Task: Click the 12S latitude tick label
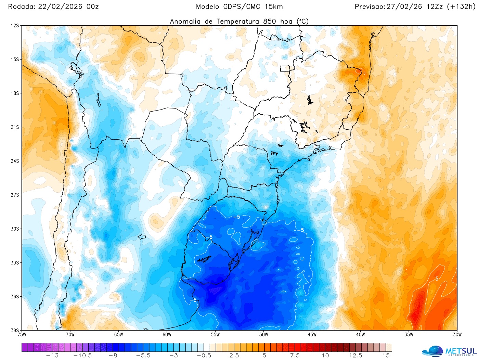coord(15,26)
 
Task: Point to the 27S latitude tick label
coord(15,195)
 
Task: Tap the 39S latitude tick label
coord(15,330)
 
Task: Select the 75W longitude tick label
coord(22,335)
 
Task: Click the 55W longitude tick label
coord(215,335)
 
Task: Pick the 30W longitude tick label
coord(457,335)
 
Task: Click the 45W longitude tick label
coord(312,335)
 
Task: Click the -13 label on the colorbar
coord(52,356)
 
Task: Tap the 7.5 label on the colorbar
coord(295,356)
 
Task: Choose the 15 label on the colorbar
coord(386,356)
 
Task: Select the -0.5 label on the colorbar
coord(204,356)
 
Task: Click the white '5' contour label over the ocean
coord(437,279)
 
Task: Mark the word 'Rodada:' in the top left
coord(21,7)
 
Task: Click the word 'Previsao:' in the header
coord(370,7)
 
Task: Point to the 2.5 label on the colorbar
coord(234,356)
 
